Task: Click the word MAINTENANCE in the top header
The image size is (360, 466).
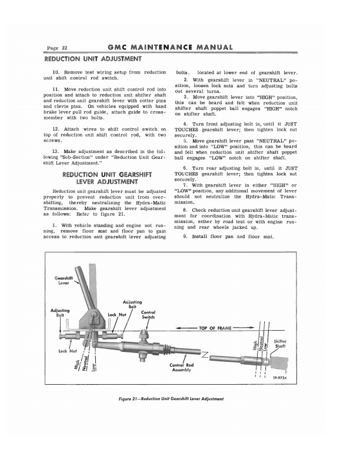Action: coord(165,47)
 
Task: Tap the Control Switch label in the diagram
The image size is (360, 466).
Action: coord(148,315)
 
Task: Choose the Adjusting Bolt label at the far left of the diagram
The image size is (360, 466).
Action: coord(60,312)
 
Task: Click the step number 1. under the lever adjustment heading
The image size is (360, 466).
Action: coord(54,226)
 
